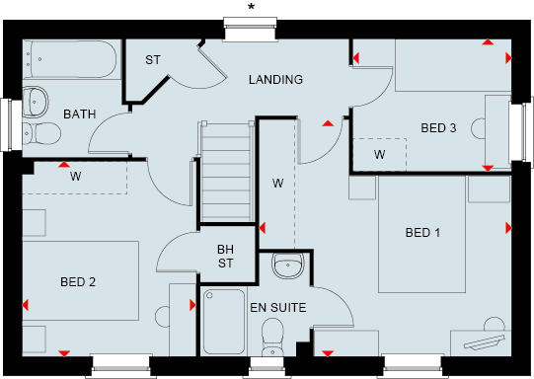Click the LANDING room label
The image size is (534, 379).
(x=275, y=80)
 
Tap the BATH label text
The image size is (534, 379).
(x=80, y=114)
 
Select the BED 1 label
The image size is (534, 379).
(x=422, y=233)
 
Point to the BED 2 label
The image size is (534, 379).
(x=78, y=282)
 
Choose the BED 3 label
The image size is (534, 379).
(x=438, y=128)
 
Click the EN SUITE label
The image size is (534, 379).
(x=278, y=308)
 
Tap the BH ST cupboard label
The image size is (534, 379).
(x=225, y=257)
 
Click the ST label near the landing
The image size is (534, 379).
(x=153, y=60)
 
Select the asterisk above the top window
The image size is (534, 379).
(x=251, y=7)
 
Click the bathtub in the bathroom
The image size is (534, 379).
(x=72, y=60)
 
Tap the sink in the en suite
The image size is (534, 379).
(x=287, y=265)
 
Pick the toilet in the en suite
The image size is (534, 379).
(x=272, y=338)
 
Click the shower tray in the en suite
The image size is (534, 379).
(x=224, y=322)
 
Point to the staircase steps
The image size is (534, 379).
(x=226, y=173)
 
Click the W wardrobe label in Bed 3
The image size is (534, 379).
(x=379, y=155)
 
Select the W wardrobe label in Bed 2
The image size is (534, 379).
(x=76, y=177)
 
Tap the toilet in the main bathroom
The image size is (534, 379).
(x=41, y=133)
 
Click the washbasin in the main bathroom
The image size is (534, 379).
(x=36, y=102)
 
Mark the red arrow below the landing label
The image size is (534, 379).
(x=328, y=123)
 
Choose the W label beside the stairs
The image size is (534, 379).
(x=277, y=184)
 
